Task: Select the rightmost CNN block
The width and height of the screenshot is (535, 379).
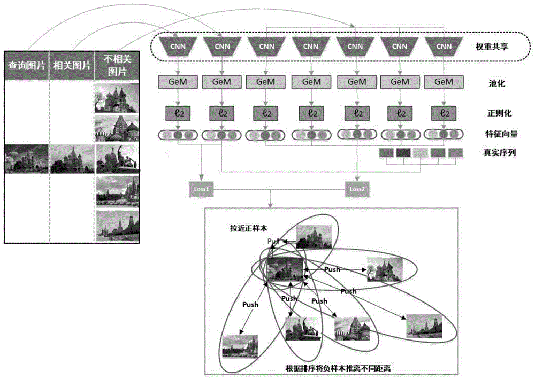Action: click(x=443, y=47)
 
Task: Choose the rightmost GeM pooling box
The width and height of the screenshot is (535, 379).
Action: click(x=443, y=82)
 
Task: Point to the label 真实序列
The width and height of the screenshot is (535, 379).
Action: click(x=492, y=153)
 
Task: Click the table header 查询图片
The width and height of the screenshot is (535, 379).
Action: click(x=26, y=66)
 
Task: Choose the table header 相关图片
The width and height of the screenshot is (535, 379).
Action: click(x=71, y=66)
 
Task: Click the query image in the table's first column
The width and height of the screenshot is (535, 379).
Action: click(x=26, y=159)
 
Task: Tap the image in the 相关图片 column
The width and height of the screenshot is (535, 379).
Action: click(x=71, y=159)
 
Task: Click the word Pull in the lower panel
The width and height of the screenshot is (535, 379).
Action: click(x=274, y=242)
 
